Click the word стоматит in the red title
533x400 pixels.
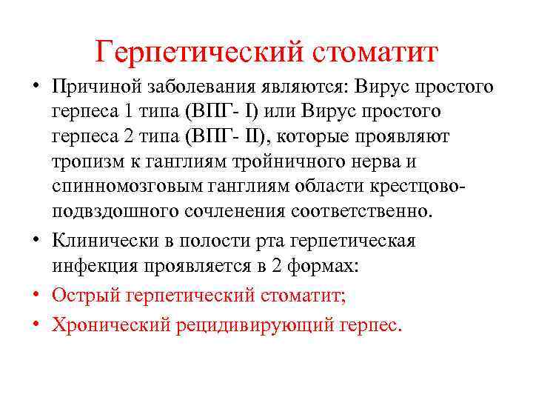click(x=375, y=53)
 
